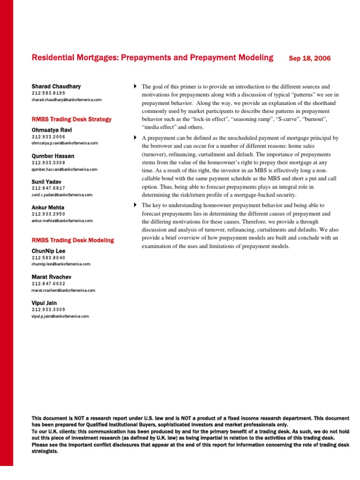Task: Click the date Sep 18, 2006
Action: coord(309,59)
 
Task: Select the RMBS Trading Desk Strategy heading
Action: coord(71,119)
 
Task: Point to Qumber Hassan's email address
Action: coord(64,169)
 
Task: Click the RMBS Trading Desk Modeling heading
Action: coord(72,240)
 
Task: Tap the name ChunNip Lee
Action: coord(49,251)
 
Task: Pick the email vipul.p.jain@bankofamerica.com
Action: coord(60,316)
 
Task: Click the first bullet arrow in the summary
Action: coord(135,87)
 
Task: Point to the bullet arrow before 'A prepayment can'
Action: coord(135,137)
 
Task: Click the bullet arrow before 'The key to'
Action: coord(135,205)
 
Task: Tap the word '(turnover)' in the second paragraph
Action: coord(158,154)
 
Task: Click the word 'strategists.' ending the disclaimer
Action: coord(45,451)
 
